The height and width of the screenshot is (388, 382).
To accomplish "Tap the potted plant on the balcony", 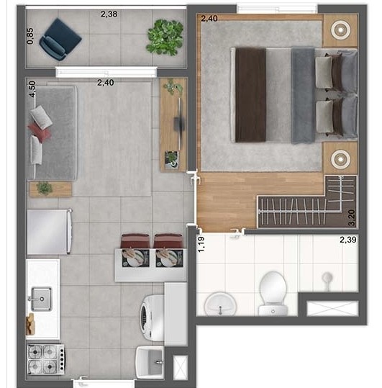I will pyautogui.click(x=165, y=36).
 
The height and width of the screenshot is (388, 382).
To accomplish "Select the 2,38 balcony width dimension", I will pyautogui.click(x=109, y=14).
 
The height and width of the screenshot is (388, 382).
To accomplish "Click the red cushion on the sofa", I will pyautogui.click(x=40, y=130).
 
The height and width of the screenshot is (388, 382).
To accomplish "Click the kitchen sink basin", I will pyautogui.click(x=40, y=296).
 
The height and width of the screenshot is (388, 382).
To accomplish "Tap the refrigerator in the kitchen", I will pyautogui.click(x=49, y=232).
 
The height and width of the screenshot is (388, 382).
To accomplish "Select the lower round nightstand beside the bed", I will pyautogui.click(x=340, y=158).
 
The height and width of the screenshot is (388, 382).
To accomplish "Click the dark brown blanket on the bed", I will pyautogui.click(x=251, y=94).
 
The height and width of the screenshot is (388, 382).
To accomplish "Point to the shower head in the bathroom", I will pyautogui.click(x=328, y=277).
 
